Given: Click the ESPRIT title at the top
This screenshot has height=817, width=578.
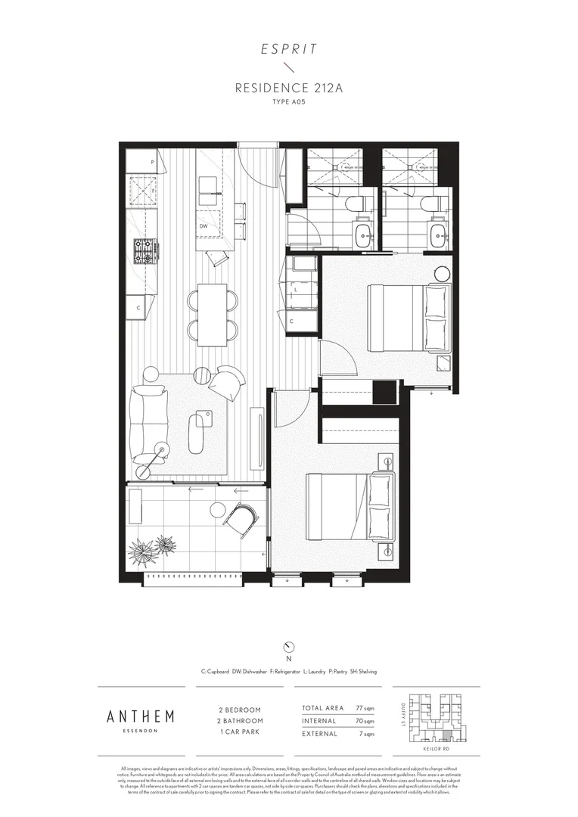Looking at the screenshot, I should point(288,50).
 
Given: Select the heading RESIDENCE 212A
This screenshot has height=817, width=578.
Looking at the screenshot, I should point(288,88).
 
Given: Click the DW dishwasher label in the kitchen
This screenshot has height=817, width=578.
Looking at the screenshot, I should point(204,225).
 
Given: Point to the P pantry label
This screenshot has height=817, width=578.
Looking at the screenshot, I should point(152,163).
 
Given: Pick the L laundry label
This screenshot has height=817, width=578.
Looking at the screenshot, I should point(295,290).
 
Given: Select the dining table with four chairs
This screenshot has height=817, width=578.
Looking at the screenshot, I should point(213,313).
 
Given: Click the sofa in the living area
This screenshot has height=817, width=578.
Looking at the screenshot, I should point(145,424).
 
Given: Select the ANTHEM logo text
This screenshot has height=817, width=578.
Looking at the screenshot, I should point(141,716).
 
